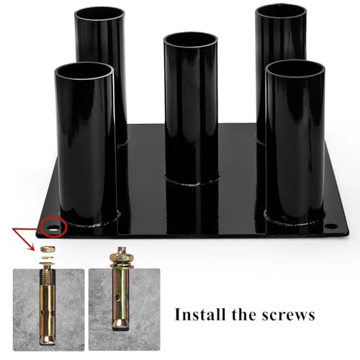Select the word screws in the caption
[288, 316]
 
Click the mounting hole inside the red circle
[53, 228]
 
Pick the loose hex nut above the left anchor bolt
[48, 249]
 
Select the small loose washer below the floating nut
[48, 258]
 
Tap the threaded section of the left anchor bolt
[48, 276]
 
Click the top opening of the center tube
[191, 40]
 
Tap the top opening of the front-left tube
[84, 71]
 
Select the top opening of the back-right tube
[281, 11]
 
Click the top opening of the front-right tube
[295, 68]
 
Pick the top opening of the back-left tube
[99, 14]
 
